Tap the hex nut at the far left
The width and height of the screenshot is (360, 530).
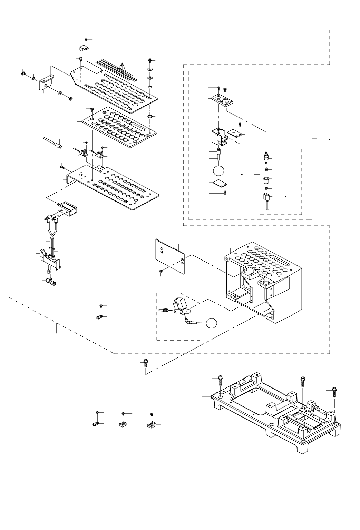click(x=23, y=73)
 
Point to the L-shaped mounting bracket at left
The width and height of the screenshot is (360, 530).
click(x=45, y=83)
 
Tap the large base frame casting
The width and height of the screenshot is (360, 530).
click(x=276, y=414)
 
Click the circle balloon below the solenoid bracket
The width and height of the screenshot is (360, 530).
click(x=218, y=170)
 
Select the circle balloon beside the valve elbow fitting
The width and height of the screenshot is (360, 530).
click(x=212, y=323)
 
